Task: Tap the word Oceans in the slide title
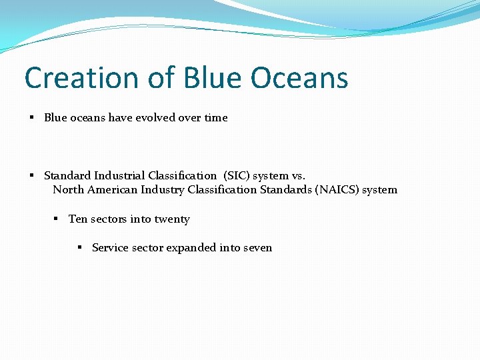(299, 78)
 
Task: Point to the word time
(216, 118)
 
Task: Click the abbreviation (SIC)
(235, 176)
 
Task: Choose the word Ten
(77, 219)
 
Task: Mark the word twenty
(172, 219)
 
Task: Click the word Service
(110, 248)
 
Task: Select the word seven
(259, 248)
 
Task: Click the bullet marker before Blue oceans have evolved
(32, 118)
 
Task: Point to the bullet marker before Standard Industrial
(32, 176)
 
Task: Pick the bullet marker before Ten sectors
(57, 219)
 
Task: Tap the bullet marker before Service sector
(80, 248)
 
